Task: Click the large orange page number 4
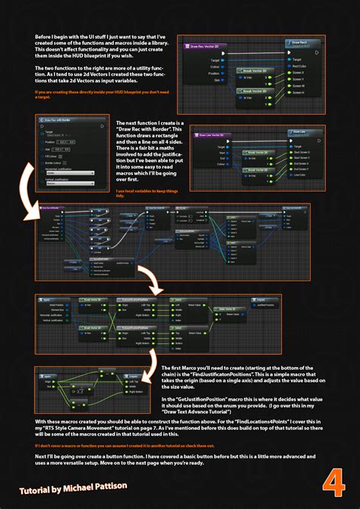coord(330,482)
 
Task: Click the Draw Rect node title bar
coord(298,43)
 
